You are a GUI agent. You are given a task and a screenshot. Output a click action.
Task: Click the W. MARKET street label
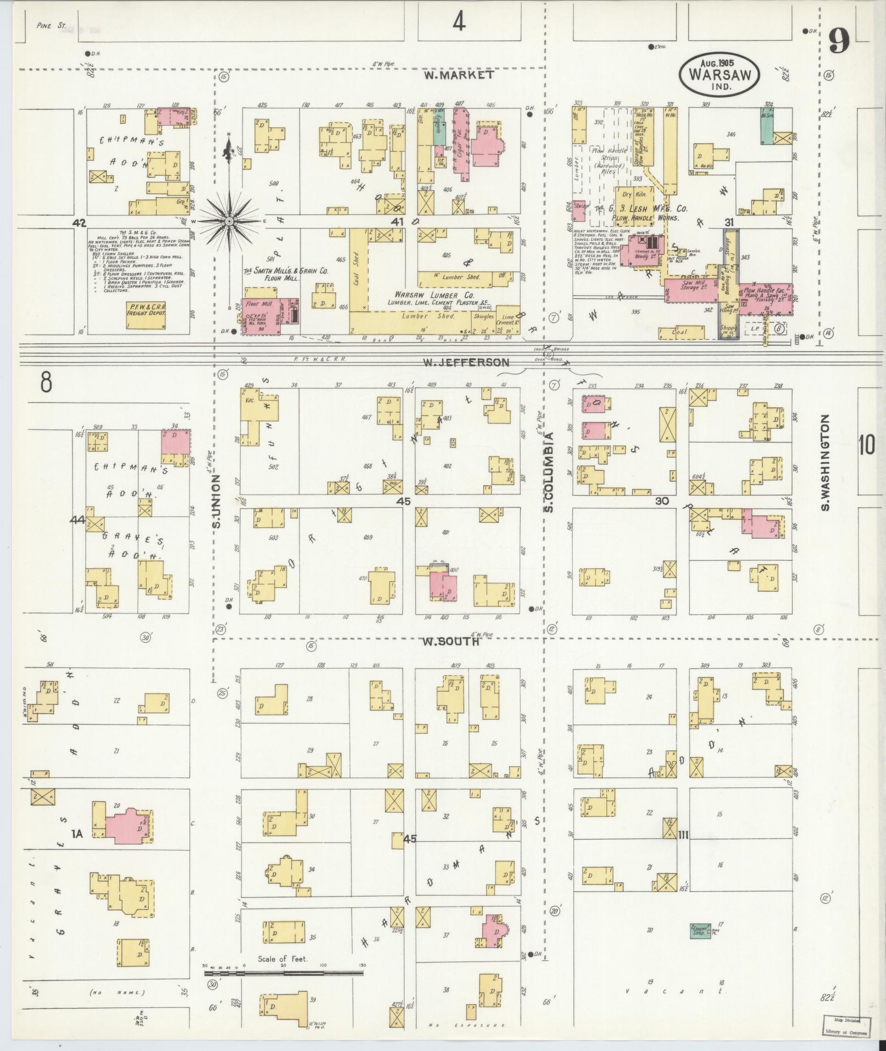458,75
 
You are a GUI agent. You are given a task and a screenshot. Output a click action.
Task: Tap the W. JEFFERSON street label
466,363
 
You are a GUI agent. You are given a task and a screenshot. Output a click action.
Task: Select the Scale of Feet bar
283,588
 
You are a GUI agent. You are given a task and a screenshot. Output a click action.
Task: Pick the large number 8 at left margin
46,381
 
